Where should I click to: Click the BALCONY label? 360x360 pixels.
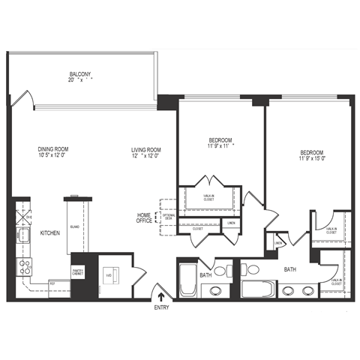point(80,74)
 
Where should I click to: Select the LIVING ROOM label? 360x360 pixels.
point(146,149)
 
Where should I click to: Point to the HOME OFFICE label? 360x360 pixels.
point(144,217)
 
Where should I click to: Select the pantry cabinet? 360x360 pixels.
point(77,271)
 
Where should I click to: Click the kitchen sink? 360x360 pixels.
point(22,237)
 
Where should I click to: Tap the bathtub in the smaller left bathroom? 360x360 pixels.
point(187,280)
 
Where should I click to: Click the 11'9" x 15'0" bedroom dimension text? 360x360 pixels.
point(313,158)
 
